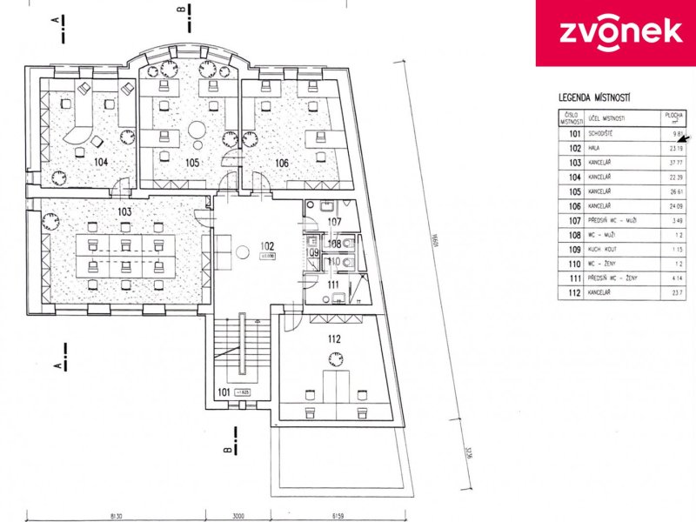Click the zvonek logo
(614, 32)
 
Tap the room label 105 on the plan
(192, 162)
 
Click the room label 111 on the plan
(333, 284)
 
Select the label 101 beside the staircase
(224, 393)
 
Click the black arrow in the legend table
(683, 137)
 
